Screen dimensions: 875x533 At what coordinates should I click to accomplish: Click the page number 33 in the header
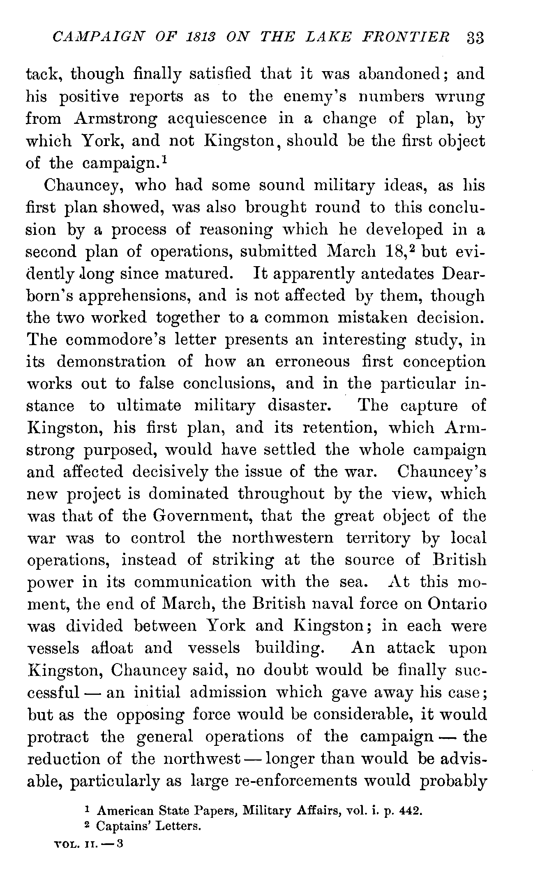[475, 38]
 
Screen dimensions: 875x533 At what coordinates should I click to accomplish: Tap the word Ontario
[457, 604]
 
